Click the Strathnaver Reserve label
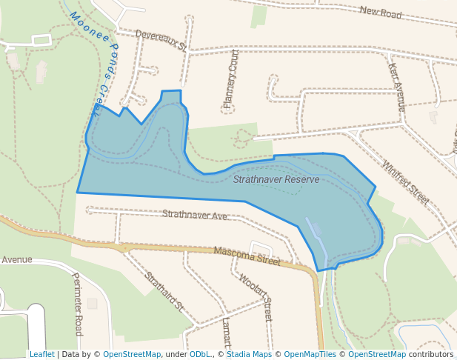276,179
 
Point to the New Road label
380,11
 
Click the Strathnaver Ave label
195,215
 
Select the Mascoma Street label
247,256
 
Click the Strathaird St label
164,290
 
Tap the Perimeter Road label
77,304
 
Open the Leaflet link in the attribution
41,354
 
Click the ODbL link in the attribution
199,354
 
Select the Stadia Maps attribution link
249,354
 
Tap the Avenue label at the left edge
16,260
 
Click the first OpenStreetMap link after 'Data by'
132,354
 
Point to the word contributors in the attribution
431,354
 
